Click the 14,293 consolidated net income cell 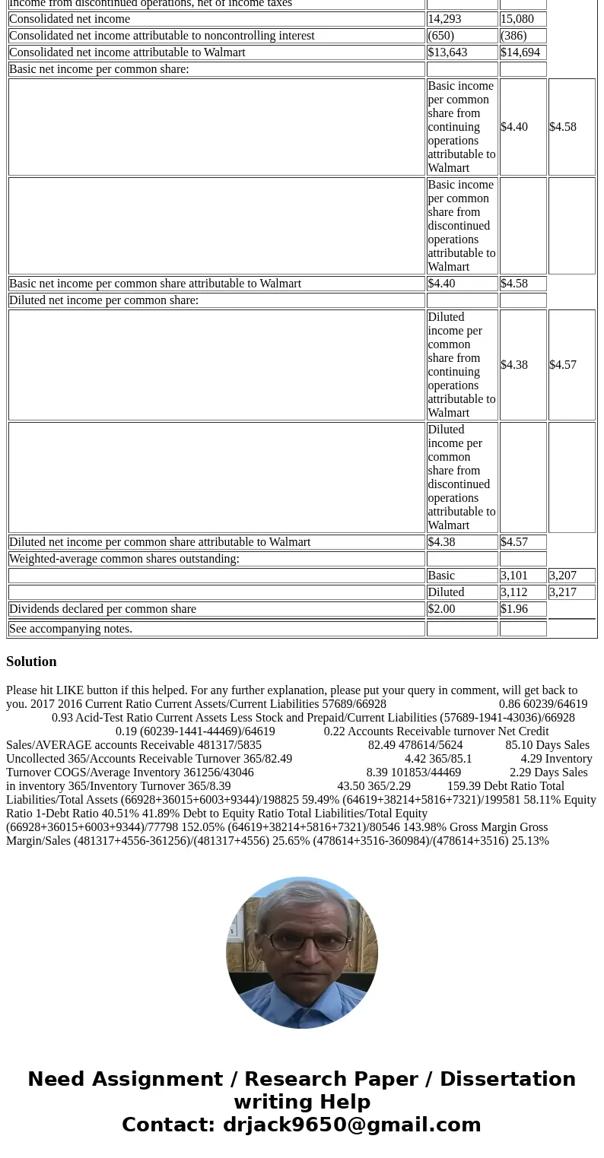click(x=446, y=19)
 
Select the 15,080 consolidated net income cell click(x=517, y=19)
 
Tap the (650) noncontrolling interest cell click(x=441, y=36)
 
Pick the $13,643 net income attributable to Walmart click(x=447, y=52)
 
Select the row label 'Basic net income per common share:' click(x=99, y=69)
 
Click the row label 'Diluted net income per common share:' click(x=103, y=300)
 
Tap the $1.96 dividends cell click(x=514, y=609)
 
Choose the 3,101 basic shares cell click(x=514, y=576)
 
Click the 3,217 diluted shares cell click(x=563, y=592)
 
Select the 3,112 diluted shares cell click(x=514, y=592)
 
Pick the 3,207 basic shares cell click(x=563, y=576)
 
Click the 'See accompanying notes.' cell click(x=71, y=629)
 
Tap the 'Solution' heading click(x=31, y=661)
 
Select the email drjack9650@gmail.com click(x=351, y=1125)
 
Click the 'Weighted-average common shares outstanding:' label click(x=124, y=559)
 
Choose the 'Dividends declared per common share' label click(x=103, y=609)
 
